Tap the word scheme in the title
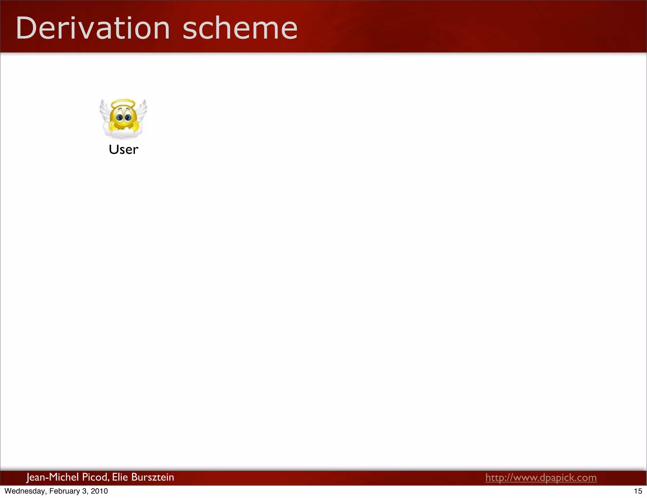pyautogui.click(x=240, y=28)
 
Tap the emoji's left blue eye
pyautogui.click(x=119, y=118)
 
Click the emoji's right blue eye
pyautogui.click(x=128, y=118)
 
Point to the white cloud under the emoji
pyautogui.click(x=123, y=134)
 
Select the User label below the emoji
pyautogui.click(x=123, y=149)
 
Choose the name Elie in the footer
pyautogui.click(x=120, y=477)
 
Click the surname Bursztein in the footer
pyautogui.click(x=152, y=477)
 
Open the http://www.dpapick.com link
pyautogui.click(x=541, y=477)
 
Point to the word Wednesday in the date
pyautogui.click(x=25, y=491)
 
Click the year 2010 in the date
pyautogui.click(x=99, y=491)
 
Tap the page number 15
pyautogui.click(x=638, y=491)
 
